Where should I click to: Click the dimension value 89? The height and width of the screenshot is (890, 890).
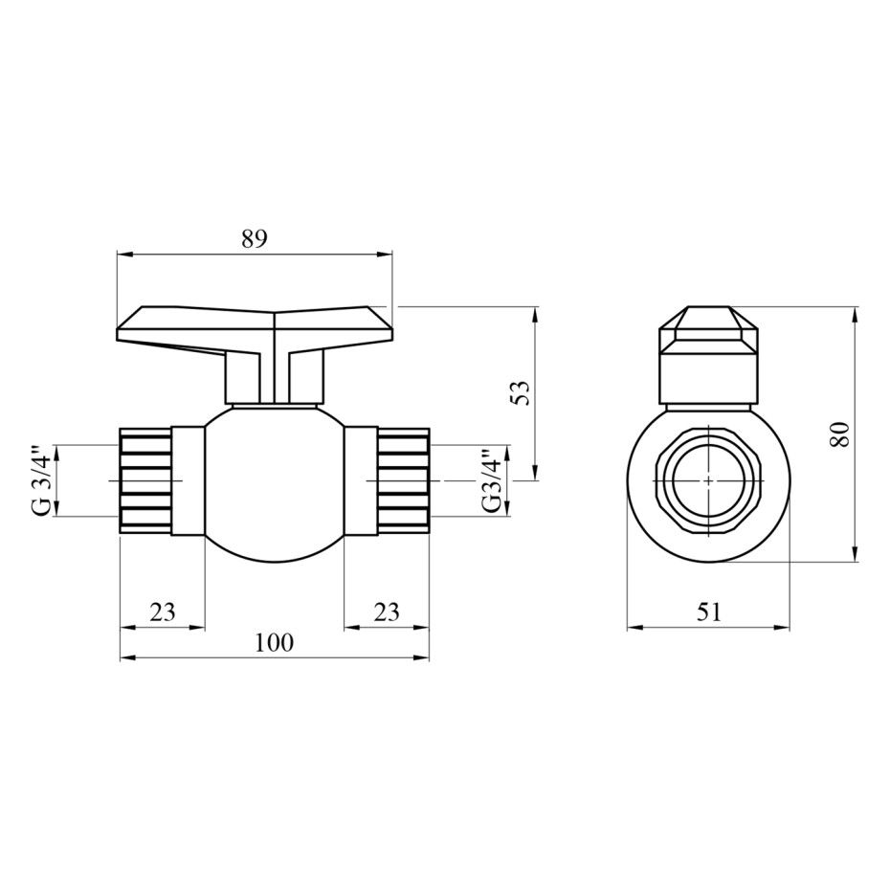pos(254,239)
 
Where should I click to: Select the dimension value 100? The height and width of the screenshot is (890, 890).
pos(274,642)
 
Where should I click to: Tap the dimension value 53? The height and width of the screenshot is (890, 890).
pos(520,392)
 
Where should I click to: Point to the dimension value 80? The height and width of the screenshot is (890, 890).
pos(839,434)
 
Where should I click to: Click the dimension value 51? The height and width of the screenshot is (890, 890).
pos(708,612)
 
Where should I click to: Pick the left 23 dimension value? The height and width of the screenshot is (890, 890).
pos(163,612)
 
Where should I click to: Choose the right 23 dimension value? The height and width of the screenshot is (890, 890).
pos(387,612)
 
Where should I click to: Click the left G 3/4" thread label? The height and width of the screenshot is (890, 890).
pos(43,480)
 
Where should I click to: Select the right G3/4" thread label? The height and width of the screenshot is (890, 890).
pos(492,480)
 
